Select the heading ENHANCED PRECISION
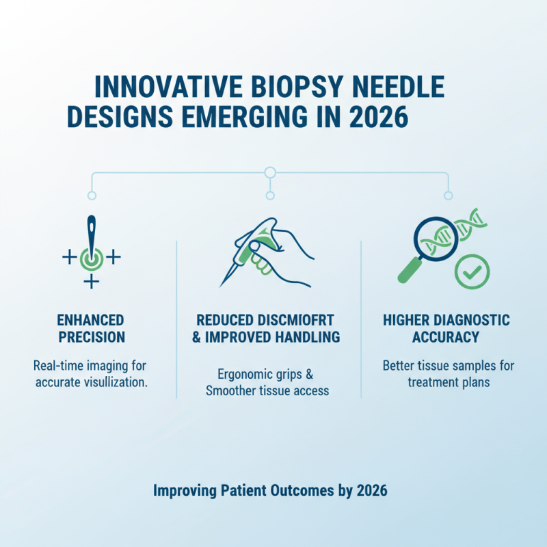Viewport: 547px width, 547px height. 92,328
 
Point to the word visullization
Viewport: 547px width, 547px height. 114,382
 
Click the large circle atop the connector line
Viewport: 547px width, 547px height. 270,172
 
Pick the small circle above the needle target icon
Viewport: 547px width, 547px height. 92,196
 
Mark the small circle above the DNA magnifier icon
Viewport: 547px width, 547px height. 449,196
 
